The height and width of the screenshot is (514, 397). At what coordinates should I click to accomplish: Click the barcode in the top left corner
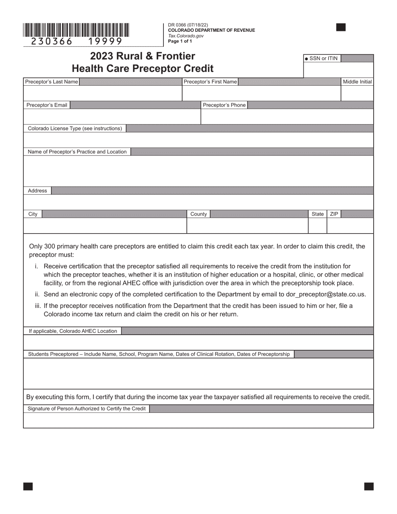(76, 30)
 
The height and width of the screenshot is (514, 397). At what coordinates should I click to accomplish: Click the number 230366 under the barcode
(52, 41)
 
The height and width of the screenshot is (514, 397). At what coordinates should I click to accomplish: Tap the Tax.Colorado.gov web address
(186, 36)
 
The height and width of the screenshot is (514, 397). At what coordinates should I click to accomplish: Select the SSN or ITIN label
(323, 59)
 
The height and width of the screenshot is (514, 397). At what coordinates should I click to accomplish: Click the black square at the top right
(341, 28)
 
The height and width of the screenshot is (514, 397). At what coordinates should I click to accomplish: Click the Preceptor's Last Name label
(51, 82)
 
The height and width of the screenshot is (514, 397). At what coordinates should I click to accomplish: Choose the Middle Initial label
(357, 82)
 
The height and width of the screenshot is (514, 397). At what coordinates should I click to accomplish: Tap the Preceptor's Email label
(47, 105)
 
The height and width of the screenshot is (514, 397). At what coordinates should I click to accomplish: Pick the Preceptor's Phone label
(224, 105)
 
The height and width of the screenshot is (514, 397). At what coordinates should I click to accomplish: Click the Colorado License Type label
(75, 129)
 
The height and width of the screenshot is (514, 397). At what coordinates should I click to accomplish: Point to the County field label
(198, 214)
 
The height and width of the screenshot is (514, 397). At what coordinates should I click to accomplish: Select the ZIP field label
(334, 214)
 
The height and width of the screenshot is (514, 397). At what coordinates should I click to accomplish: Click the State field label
(318, 214)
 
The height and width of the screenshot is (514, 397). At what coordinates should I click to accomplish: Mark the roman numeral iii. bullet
(38, 306)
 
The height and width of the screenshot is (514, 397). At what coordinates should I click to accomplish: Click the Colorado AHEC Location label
(73, 331)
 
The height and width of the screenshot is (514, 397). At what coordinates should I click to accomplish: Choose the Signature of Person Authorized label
(87, 409)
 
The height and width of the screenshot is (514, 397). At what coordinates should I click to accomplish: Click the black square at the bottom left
(28, 486)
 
